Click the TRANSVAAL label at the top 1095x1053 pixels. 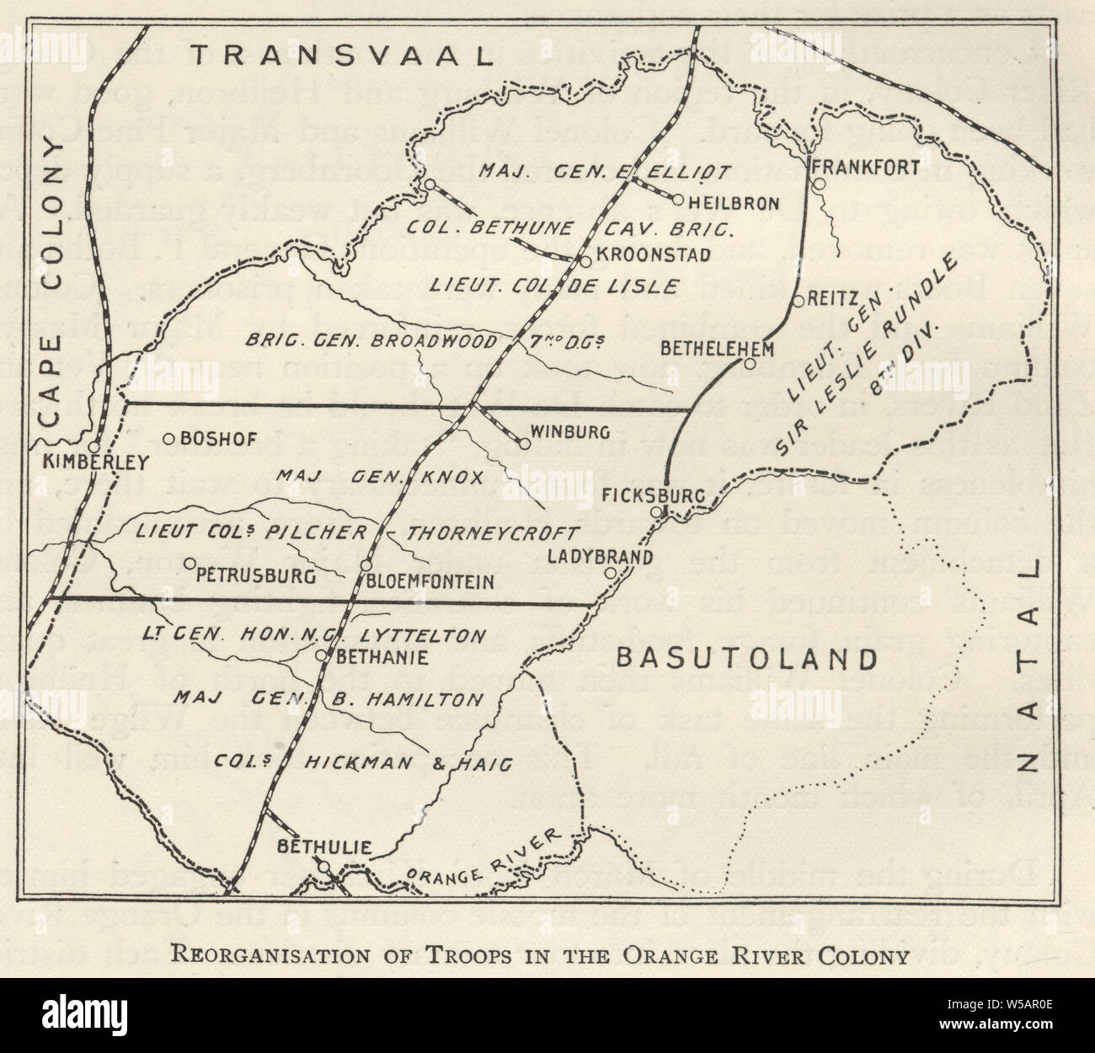point(340,56)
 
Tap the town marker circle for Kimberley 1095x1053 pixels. point(94,447)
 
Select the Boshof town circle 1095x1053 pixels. point(168,438)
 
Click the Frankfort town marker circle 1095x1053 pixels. point(817,184)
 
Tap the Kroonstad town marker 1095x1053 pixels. point(585,261)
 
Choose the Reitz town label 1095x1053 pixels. point(834,299)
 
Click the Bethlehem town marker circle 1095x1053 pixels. point(750,363)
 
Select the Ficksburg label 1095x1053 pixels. point(653,495)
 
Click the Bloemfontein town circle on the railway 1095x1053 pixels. point(366,565)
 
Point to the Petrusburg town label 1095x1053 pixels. point(254,578)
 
